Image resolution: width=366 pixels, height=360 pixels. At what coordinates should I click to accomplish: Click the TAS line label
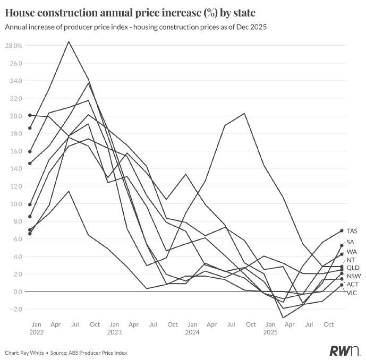(x=352, y=231)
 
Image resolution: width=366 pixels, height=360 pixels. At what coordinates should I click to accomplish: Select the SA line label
(x=351, y=242)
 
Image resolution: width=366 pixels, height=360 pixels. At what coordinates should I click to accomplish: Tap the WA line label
(x=352, y=251)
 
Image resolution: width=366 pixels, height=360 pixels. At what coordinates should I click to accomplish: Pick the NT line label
(x=351, y=260)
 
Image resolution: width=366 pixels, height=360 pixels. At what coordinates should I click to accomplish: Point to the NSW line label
(x=353, y=276)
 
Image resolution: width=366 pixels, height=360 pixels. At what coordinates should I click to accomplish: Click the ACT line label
(x=352, y=285)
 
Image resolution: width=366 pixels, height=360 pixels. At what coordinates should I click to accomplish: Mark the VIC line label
(x=352, y=293)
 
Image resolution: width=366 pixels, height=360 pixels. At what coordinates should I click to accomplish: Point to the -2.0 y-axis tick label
(x=15, y=309)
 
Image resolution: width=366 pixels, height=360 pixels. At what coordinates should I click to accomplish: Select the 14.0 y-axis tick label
(x=15, y=169)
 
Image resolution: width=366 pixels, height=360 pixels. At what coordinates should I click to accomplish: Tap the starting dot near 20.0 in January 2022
(x=30, y=115)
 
